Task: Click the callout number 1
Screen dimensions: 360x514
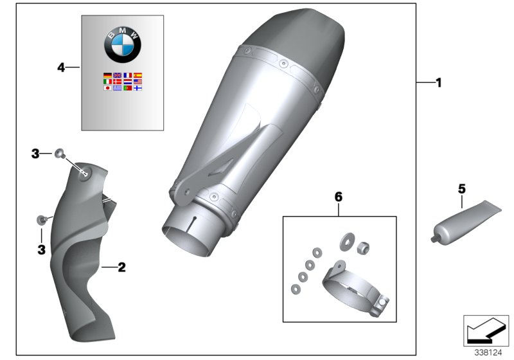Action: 439,82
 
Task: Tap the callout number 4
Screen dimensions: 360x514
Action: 61,66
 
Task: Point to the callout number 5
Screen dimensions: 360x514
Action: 461,188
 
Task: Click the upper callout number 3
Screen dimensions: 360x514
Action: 36,153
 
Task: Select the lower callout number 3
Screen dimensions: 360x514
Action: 40,249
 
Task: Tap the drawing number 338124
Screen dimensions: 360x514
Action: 489,352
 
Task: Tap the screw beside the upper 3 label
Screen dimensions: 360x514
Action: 59,153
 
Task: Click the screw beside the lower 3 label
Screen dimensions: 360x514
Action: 40,220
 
